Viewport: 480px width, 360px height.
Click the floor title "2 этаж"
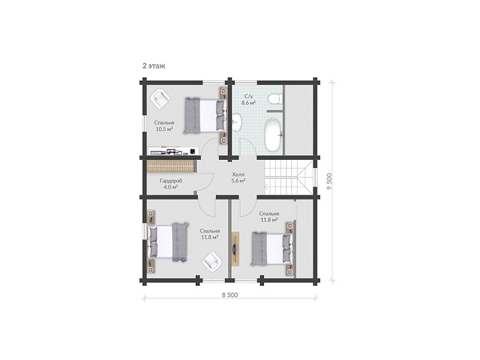[x=154, y=66]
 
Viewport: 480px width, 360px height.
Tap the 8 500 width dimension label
[x=230, y=295]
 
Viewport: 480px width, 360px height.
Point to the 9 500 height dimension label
[x=329, y=181]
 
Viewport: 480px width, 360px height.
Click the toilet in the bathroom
[x=274, y=99]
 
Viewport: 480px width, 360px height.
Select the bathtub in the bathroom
[x=273, y=134]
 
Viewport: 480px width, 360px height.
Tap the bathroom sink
[x=237, y=123]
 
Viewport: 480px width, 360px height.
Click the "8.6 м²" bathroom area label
[x=248, y=103]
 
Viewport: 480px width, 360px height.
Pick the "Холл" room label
[x=238, y=174]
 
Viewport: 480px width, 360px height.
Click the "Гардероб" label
[x=171, y=181]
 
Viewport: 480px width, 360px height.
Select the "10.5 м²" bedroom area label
[x=165, y=129]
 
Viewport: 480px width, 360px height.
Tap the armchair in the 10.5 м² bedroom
[x=160, y=98]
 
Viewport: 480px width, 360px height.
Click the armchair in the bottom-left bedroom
[x=211, y=261]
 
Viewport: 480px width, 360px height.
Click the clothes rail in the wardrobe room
[x=171, y=166]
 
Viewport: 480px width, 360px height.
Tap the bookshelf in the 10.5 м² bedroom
[x=173, y=151]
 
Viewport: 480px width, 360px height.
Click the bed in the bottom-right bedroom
[x=272, y=248]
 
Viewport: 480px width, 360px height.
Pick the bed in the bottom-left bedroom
[x=168, y=242]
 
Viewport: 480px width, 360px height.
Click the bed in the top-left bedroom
[x=205, y=115]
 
